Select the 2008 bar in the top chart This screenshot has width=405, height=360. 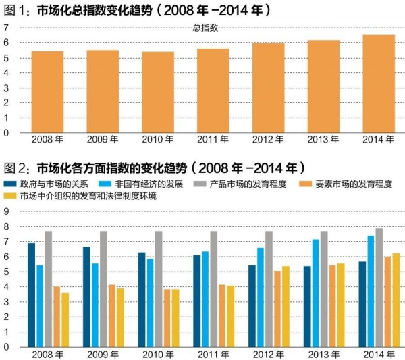[x=47, y=92]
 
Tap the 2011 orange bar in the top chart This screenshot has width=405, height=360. [x=213, y=91]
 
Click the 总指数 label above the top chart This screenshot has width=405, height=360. [x=205, y=28]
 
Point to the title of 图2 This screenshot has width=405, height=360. [x=155, y=167]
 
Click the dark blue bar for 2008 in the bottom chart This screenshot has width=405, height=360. [x=31, y=295]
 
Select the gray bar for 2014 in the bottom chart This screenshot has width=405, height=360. [x=379, y=288]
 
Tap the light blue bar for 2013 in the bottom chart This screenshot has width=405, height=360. [x=315, y=293]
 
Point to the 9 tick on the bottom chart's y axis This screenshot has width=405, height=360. [x=5, y=211]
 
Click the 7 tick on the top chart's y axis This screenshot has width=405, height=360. [x=5, y=28]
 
